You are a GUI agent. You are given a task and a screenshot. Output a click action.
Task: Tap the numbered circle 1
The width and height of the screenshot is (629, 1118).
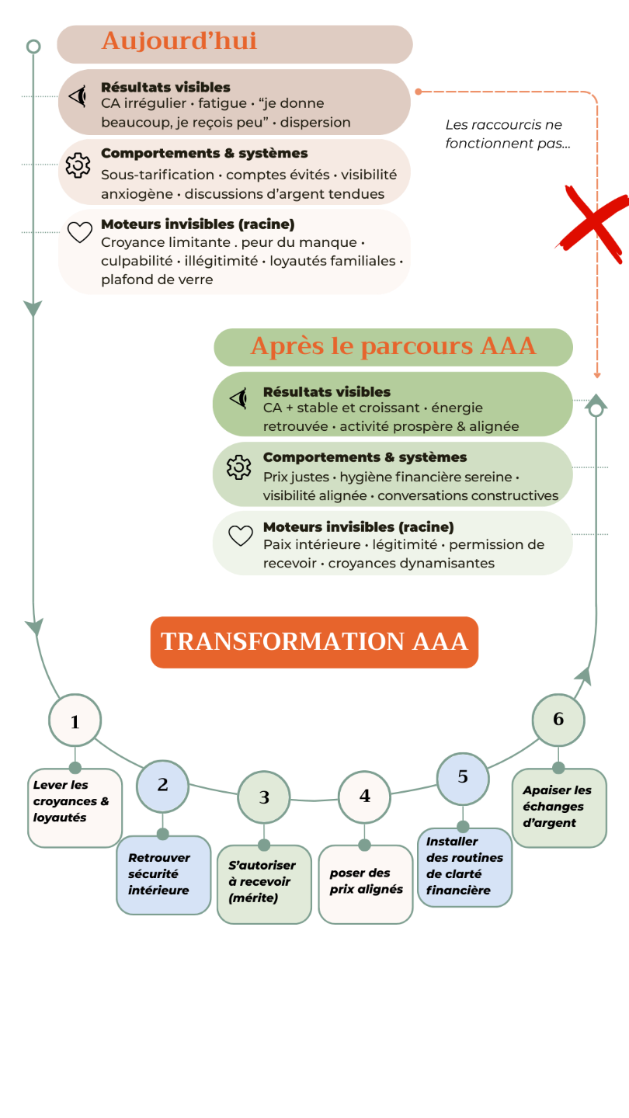pyautogui.click(x=75, y=721)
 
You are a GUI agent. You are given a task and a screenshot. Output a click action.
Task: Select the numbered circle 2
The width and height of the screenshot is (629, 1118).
pyautogui.click(x=162, y=784)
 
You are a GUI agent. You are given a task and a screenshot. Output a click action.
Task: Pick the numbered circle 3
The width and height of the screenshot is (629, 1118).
pyautogui.click(x=264, y=797)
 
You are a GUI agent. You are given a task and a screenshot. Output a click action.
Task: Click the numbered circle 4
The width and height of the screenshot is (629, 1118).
pyautogui.click(x=364, y=796)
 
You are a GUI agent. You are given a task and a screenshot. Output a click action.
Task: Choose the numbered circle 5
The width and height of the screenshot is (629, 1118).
pyautogui.click(x=463, y=776)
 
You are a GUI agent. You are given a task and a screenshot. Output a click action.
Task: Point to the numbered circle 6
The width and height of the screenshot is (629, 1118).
pyautogui.click(x=558, y=719)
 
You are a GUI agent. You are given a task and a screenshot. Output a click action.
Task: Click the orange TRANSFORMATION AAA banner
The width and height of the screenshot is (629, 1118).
pyautogui.click(x=314, y=642)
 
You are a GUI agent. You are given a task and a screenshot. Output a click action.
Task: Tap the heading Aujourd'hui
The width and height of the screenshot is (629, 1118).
pyautogui.click(x=179, y=41)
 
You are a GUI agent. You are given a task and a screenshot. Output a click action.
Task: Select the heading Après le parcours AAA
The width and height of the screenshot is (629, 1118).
pyautogui.click(x=393, y=346)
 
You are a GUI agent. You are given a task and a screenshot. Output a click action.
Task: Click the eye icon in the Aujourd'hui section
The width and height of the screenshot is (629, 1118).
pyautogui.click(x=78, y=96)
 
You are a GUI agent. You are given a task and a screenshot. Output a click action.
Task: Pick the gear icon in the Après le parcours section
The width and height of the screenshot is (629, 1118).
pyautogui.click(x=239, y=467)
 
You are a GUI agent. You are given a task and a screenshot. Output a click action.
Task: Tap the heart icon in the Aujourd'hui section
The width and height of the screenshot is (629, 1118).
pyautogui.click(x=79, y=232)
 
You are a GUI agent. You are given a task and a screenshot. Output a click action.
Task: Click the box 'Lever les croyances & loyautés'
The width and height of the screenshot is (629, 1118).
pyautogui.click(x=75, y=807)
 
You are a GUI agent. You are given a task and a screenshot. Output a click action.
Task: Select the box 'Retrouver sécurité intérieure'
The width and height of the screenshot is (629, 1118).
pyautogui.click(x=163, y=875)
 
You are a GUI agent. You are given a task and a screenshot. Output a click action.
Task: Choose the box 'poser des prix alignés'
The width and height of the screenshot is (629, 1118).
pyautogui.click(x=366, y=884)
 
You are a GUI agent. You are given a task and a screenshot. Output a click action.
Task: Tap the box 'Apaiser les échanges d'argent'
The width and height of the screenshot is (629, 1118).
pyautogui.click(x=559, y=807)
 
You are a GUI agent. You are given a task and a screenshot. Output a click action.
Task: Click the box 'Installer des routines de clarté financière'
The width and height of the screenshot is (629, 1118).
pyautogui.click(x=464, y=866)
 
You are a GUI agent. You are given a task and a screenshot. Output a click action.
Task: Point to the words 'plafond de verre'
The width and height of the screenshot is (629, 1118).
pyautogui.click(x=157, y=279)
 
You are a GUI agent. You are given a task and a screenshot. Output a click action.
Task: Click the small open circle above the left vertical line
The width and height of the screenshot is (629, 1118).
pyautogui.click(x=33, y=47)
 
